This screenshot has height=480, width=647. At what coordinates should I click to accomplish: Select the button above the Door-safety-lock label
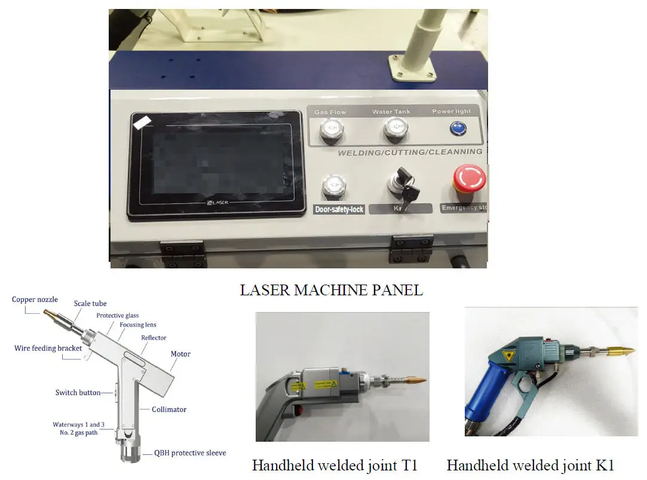tap(332, 187)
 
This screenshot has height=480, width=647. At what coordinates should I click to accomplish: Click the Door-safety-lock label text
tap(339, 210)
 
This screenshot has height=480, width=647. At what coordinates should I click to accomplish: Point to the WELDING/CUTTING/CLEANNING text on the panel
tap(410, 152)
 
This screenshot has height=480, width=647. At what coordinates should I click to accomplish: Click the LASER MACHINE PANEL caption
tap(331, 291)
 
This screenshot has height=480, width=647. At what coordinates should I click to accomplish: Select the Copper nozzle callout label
tap(32, 299)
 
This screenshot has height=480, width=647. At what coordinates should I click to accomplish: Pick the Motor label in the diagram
tap(180, 354)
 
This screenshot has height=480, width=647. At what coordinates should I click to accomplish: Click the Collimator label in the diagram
tap(169, 409)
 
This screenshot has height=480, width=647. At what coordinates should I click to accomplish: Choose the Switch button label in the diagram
tap(78, 393)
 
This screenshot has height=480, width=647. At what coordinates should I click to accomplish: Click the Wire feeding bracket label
tap(48, 348)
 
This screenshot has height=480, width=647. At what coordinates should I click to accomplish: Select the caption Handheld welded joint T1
tap(335, 465)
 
